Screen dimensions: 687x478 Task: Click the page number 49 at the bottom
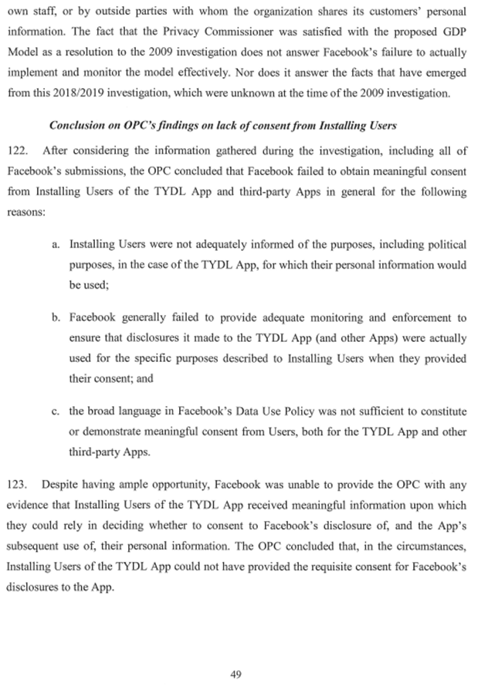click(236, 674)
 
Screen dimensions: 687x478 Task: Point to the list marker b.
click(56, 316)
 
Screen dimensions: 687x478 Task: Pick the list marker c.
click(56, 410)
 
